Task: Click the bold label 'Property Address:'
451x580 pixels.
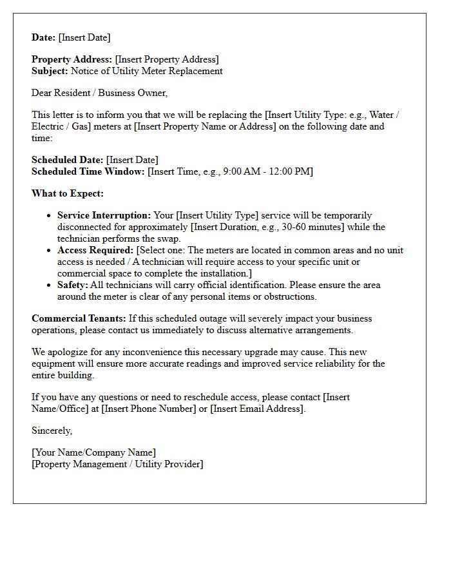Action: coord(72,59)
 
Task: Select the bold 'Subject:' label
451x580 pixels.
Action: coord(50,71)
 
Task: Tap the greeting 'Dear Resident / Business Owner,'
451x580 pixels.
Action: coord(99,93)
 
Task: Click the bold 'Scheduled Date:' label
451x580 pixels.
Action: coord(67,160)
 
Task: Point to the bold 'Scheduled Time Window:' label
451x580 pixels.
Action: coord(88,171)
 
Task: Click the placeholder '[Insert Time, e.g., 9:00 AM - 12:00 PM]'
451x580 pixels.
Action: coord(230,171)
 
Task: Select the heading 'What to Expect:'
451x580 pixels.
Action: coord(68,193)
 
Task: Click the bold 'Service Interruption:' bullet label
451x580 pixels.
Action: coord(104,215)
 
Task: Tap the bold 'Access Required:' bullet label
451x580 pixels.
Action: coord(95,250)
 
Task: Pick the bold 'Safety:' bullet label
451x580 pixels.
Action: coord(72,285)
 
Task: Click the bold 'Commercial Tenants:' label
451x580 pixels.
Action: coord(79,318)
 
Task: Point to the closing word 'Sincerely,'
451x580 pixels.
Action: coord(52,430)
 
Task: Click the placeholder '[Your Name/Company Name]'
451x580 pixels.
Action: coord(93,452)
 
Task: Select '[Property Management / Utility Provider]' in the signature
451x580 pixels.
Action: coord(117,464)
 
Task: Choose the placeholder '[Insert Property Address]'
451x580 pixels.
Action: coord(167,59)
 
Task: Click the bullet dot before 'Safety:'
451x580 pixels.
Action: coord(49,285)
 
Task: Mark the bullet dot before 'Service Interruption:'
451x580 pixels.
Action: coord(49,216)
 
